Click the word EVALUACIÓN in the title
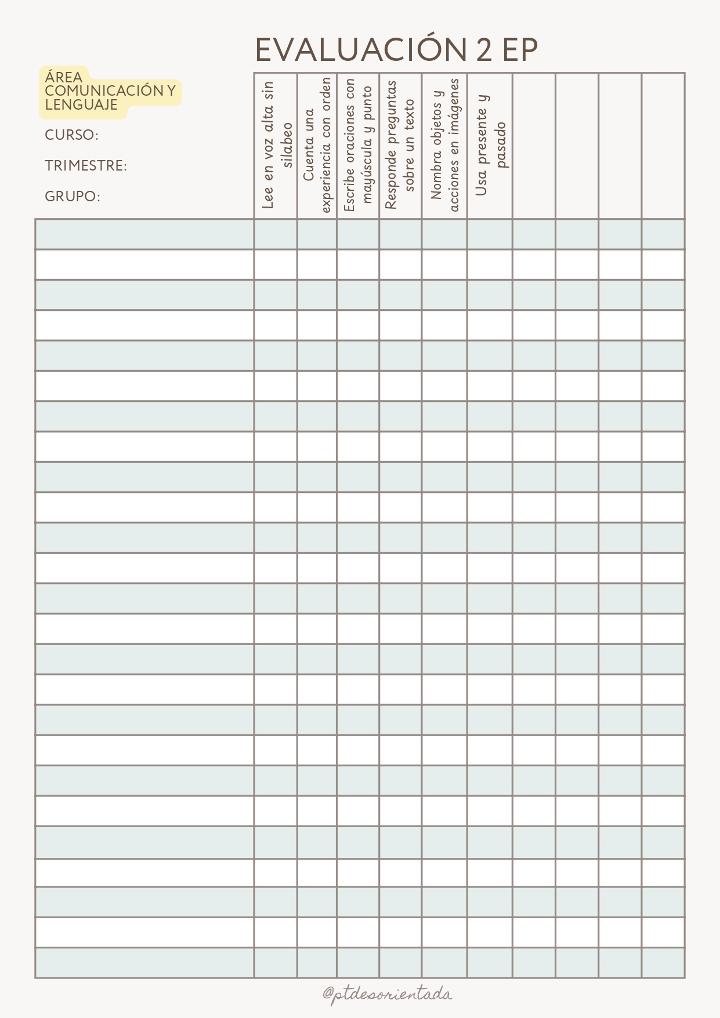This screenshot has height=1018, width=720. (x=360, y=50)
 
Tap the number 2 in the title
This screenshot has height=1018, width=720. (x=484, y=50)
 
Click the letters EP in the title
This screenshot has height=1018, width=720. (x=520, y=50)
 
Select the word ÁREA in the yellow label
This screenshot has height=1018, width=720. (x=64, y=77)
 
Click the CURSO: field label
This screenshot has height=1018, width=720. (x=71, y=135)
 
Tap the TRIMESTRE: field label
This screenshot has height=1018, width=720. (x=86, y=166)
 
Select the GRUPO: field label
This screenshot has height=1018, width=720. (x=73, y=197)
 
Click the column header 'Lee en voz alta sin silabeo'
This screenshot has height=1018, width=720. (x=276, y=145)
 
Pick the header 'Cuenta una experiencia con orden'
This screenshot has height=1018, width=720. (x=317, y=145)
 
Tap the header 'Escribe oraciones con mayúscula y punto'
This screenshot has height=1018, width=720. (x=358, y=145)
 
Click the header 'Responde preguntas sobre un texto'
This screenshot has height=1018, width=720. (x=400, y=145)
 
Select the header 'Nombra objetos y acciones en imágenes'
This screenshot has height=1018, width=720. (x=444, y=145)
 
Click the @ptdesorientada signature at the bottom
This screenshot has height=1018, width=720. (x=388, y=994)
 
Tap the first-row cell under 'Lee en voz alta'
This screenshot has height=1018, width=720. (x=276, y=234)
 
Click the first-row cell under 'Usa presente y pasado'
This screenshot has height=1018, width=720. (x=490, y=234)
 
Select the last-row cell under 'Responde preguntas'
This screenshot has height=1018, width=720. (x=400, y=963)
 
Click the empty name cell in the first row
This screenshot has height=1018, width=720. (x=144, y=234)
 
